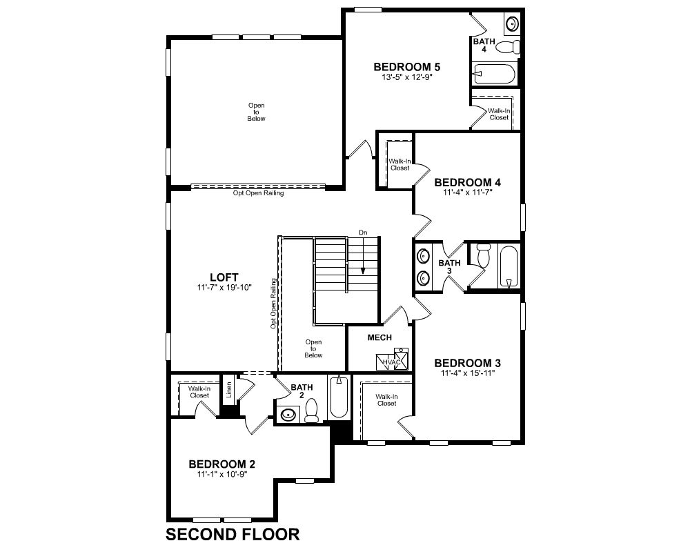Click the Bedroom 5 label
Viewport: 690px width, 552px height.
pyautogui.click(x=406, y=67)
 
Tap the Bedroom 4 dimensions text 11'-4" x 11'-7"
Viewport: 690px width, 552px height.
pyautogui.click(x=467, y=193)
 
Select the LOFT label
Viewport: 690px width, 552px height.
pyautogui.click(x=224, y=277)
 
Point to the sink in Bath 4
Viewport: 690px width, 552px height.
pyautogui.click(x=512, y=23)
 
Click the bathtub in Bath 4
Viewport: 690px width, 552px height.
pyautogui.click(x=494, y=74)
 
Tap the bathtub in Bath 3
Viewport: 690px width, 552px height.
pyautogui.click(x=509, y=267)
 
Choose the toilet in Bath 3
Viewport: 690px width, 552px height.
pyautogui.click(x=483, y=256)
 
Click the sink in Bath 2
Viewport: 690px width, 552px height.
pyautogui.click(x=288, y=415)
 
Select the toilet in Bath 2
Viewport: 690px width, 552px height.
pyautogui.click(x=312, y=411)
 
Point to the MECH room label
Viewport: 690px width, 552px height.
pyautogui.click(x=379, y=337)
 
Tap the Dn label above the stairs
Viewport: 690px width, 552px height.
pyautogui.click(x=363, y=233)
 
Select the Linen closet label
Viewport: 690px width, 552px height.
pyautogui.click(x=229, y=390)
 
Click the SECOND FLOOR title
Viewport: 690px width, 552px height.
pyautogui.click(x=233, y=534)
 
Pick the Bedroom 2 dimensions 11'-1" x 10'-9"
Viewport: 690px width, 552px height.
pyautogui.click(x=222, y=474)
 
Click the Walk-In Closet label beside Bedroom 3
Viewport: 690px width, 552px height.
pyautogui.click(x=387, y=400)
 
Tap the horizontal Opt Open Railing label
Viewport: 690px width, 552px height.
pyautogui.click(x=258, y=193)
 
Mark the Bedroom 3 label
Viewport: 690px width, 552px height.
pyautogui.click(x=467, y=363)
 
